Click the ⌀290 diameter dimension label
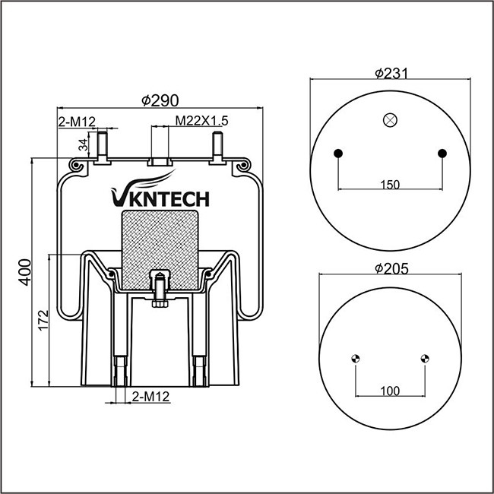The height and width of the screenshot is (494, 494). (x=160, y=100)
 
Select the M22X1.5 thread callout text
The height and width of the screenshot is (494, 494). (x=202, y=120)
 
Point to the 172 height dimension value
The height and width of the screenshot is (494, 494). (x=43, y=319)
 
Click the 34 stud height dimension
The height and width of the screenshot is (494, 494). (x=83, y=144)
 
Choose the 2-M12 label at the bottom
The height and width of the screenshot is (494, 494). (x=150, y=397)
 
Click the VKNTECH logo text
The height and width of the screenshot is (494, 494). (x=159, y=198)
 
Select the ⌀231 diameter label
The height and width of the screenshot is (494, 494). (x=391, y=73)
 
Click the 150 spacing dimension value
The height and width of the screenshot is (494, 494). (x=389, y=184)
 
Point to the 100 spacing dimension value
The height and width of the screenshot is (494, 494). (x=389, y=391)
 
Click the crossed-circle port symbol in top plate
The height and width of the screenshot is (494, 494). (x=390, y=119)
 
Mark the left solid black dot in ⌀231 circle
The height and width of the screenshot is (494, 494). (x=339, y=154)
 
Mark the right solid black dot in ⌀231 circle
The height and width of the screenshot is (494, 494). (x=442, y=154)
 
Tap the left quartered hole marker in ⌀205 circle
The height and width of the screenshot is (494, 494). (x=356, y=359)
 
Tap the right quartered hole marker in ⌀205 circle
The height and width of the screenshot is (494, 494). (x=424, y=359)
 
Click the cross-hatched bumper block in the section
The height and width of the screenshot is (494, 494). (x=160, y=247)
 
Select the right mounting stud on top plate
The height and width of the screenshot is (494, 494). (x=219, y=146)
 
